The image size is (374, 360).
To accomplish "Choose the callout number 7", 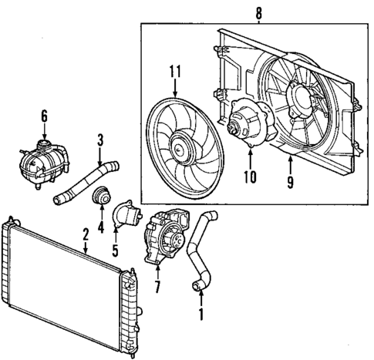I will [158, 290].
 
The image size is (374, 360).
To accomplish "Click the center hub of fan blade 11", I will [182, 143].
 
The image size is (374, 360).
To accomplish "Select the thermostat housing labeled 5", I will [126, 215].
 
